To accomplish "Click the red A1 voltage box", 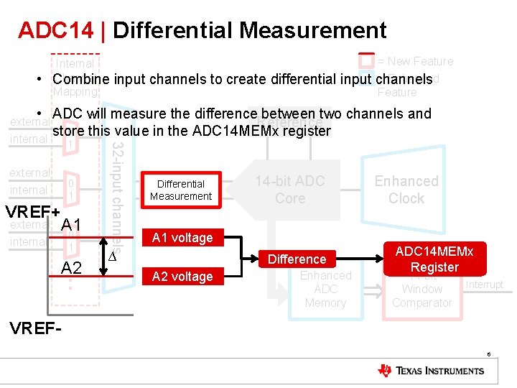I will pos(182,238).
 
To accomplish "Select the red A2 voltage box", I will pos(182,277).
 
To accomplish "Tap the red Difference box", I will pos(297,259).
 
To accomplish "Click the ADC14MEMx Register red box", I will pos(434,259).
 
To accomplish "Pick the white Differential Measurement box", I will pos(181,190).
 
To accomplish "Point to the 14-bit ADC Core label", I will pos(290,190).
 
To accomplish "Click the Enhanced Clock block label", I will pos(406,190).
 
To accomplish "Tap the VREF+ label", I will pos(32,213).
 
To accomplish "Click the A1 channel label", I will pos(71,225).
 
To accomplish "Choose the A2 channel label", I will pos(71,268).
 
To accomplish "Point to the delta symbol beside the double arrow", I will pos(111,257).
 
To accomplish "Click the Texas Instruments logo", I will pos(431,371).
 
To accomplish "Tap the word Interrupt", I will pos(485,285).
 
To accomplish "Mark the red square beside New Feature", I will pos(366,60).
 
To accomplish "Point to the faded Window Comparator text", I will pos(422,296).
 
